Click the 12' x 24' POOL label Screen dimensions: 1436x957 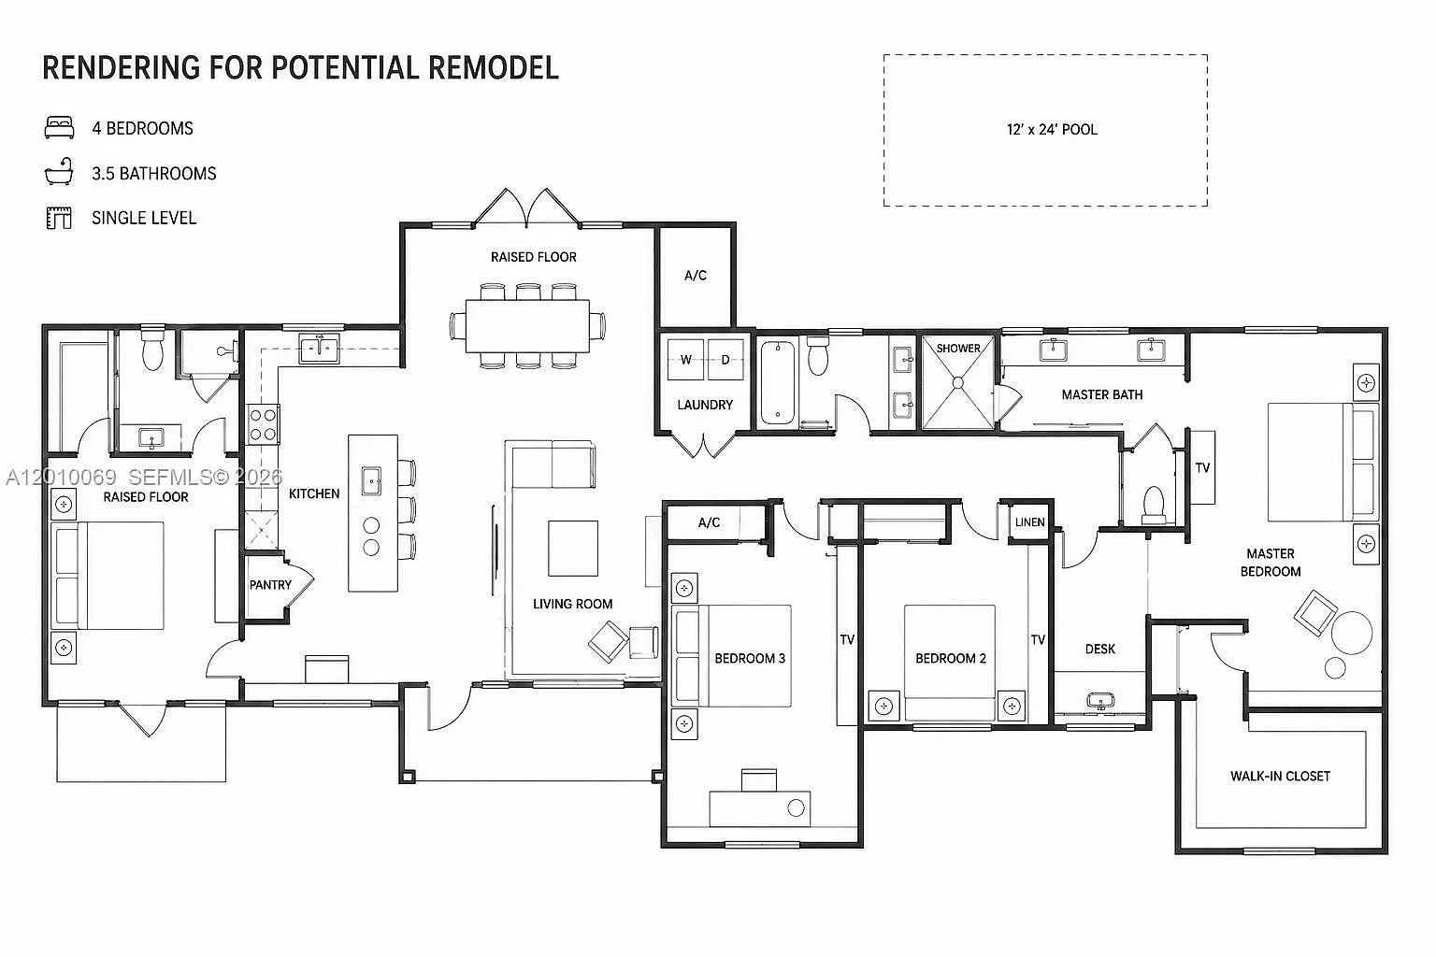[1052, 130]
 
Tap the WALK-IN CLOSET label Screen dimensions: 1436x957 [1280, 777]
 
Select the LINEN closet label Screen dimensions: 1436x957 [1029, 522]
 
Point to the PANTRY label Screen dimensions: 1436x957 [270, 585]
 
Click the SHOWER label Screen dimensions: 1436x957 [957, 348]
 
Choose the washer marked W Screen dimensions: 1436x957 [685, 360]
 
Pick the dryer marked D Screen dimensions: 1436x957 [725, 360]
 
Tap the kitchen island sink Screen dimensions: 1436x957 [371, 480]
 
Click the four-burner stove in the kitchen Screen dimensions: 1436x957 [263, 424]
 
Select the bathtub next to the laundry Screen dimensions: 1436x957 [778, 383]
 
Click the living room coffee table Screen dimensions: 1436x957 [572, 548]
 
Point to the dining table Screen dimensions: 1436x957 [527, 325]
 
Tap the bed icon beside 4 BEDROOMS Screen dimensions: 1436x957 [59, 127]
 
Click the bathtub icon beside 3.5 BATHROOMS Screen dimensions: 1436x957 [59, 172]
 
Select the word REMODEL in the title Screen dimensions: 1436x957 [493, 68]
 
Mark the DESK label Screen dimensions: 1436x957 [1100, 650]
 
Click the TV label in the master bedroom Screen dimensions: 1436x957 [1202, 468]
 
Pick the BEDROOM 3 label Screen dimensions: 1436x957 [750, 658]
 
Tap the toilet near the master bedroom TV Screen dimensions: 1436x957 [1154, 505]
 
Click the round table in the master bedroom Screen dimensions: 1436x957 [1352, 633]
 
